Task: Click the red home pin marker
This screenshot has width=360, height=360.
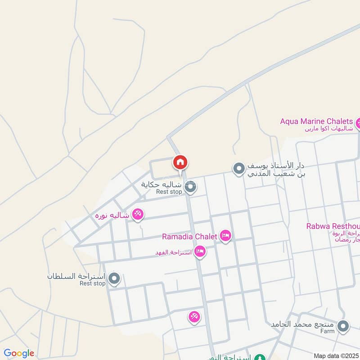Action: (180, 162)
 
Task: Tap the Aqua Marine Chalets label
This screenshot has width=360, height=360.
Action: (316, 121)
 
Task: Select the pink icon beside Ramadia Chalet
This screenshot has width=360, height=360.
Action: (225, 236)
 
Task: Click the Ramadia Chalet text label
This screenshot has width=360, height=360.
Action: (189, 236)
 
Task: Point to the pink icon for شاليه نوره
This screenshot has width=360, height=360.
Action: (138, 215)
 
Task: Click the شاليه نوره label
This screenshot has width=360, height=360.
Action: (112, 216)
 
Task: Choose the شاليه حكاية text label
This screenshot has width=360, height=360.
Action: (162, 184)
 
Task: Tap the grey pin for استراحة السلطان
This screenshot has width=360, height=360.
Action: (114, 279)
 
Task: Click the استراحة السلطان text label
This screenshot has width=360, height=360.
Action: (76, 276)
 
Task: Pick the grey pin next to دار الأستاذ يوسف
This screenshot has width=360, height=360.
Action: (238, 169)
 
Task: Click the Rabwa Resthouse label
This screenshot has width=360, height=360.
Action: (333, 226)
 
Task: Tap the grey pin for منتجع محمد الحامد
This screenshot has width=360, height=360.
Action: (343, 327)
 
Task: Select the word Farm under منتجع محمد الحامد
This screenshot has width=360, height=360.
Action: (328, 331)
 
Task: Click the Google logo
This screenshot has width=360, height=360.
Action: (19, 353)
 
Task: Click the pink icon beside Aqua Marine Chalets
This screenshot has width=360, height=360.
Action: (359, 122)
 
